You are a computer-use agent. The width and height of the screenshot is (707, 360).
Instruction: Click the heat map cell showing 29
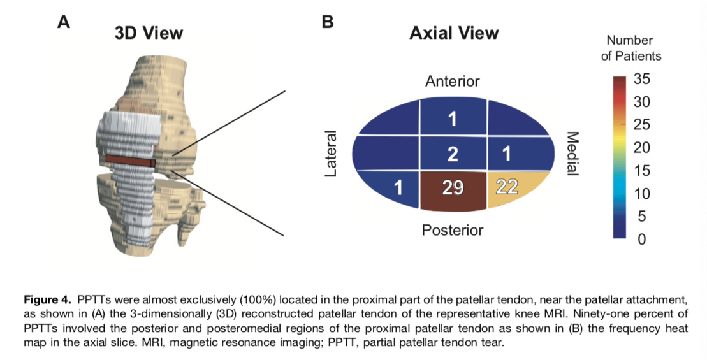click(453, 189)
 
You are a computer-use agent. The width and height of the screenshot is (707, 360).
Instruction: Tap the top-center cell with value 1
click(453, 118)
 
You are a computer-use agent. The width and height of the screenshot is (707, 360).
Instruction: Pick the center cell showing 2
click(453, 153)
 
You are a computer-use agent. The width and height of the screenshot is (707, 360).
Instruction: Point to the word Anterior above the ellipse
click(453, 82)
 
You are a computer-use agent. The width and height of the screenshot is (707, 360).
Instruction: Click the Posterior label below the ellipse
click(453, 230)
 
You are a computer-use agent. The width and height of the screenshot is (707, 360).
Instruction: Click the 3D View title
click(149, 33)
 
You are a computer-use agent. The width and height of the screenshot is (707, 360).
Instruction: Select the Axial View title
click(454, 33)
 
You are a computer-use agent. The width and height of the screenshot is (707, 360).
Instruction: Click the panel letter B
click(327, 23)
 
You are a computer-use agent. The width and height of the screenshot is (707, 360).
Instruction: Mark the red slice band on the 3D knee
click(130, 160)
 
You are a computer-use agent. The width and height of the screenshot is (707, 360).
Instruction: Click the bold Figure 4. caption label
click(47, 299)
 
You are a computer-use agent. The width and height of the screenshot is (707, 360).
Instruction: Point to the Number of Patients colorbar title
click(630, 48)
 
